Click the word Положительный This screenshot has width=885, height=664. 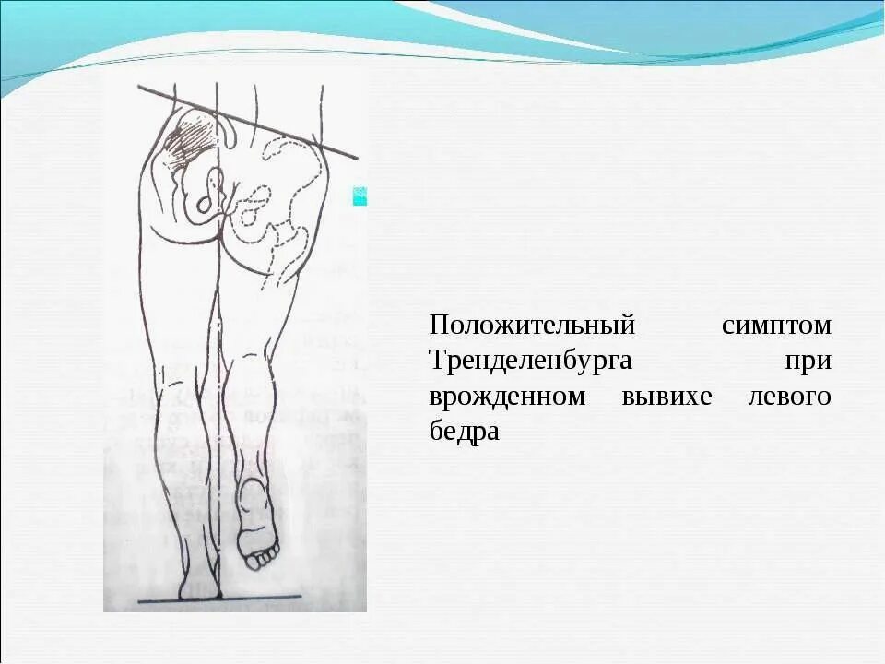pyautogui.click(x=533, y=326)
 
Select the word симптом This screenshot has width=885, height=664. pyautogui.click(x=776, y=326)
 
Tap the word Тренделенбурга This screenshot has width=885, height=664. pyautogui.click(x=530, y=361)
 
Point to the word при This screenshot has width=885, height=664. pyautogui.click(x=808, y=361)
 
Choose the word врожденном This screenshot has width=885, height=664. pyautogui.click(x=507, y=397)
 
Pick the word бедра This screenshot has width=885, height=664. pyautogui.click(x=464, y=432)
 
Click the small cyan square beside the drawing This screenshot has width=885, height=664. pyautogui.click(x=360, y=196)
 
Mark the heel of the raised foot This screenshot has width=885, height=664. pyautogui.click(x=250, y=489)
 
